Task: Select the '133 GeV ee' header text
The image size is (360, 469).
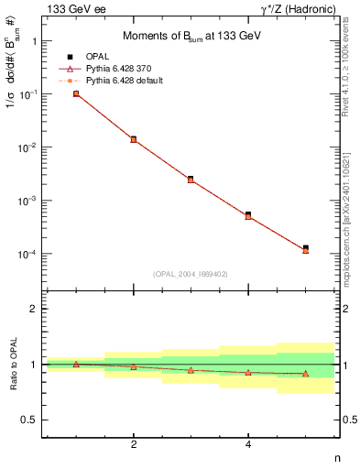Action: point(75,8)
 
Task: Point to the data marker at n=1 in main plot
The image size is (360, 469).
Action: point(76,93)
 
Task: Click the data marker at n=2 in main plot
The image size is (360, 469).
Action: point(134,139)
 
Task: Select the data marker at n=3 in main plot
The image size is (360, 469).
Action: point(191,180)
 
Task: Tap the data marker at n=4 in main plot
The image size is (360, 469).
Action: point(248,215)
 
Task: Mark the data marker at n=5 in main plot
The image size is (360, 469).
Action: point(305,248)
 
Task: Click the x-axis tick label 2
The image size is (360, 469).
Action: point(134,445)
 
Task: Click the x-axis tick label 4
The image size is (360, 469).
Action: point(248,445)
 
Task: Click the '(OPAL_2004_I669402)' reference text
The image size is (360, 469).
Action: point(191,273)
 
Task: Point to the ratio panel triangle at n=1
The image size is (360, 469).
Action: point(76,364)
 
